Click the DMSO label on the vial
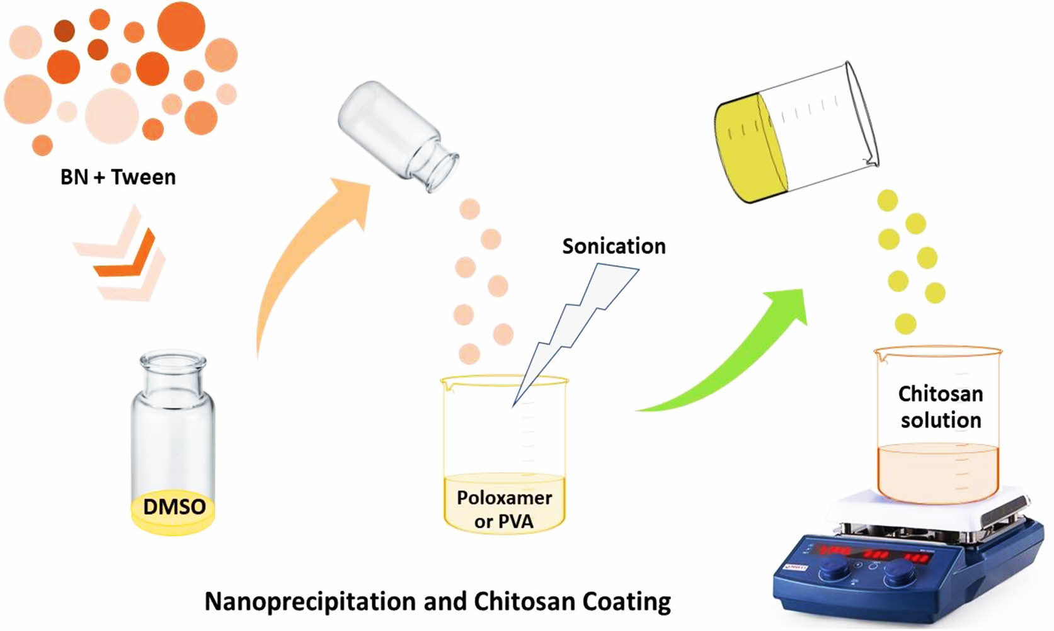(x=174, y=507)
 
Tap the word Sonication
(x=614, y=246)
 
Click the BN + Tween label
(x=118, y=178)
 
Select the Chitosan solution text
(x=941, y=407)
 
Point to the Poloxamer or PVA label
(x=504, y=509)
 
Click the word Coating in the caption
(x=626, y=601)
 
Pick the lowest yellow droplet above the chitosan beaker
(x=905, y=324)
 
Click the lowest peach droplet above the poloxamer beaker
(x=469, y=353)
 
